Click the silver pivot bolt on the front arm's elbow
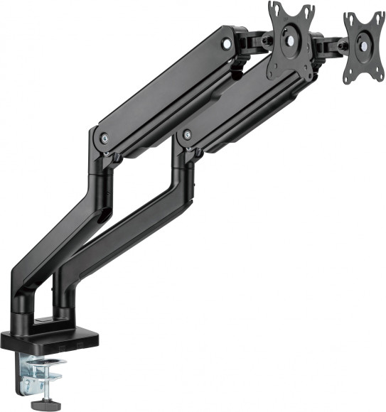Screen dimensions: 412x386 click(x=105, y=139)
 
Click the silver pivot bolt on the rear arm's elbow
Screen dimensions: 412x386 click(x=187, y=134)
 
